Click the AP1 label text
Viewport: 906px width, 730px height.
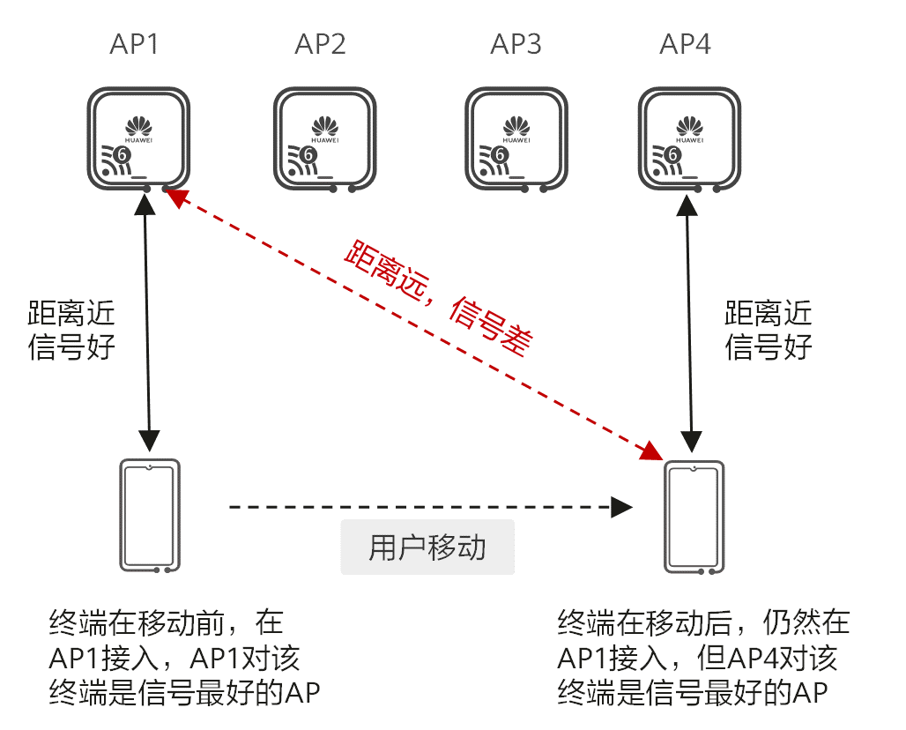(x=134, y=44)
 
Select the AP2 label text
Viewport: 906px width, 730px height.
(x=321, y=44)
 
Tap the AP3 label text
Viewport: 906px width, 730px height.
(x=516, y=44)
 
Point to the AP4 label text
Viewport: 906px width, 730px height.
(x=685, y=44)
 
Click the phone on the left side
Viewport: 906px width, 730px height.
(x=149, y=516)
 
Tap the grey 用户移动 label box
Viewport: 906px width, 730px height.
(x=427, y=548)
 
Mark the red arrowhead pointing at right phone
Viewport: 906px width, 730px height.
(x=652, y=451)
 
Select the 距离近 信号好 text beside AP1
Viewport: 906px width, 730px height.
(x=71, y=330)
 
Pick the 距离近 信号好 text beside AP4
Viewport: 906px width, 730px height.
(x=769, y=330)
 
